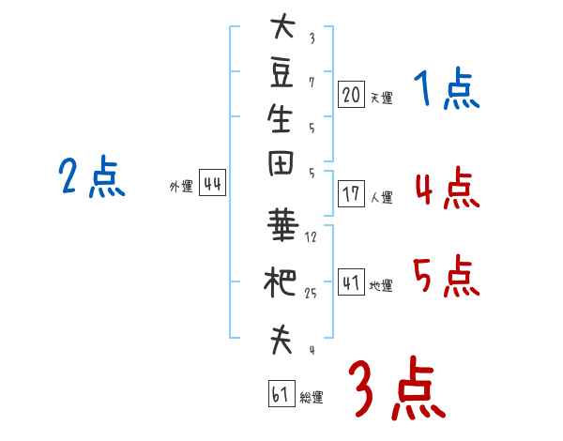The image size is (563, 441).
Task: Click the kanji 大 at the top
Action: point(282,26)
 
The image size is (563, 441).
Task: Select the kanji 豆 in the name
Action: point(281,74)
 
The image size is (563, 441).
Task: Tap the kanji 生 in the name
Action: point(281,118)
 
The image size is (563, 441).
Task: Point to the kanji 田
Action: point(281,163)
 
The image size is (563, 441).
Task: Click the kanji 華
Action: point(282,225)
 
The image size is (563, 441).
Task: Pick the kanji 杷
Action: point(280,281)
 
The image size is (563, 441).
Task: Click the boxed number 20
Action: point(351,94)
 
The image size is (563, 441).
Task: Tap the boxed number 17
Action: point(351,193)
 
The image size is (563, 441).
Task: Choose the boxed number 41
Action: point(351,281)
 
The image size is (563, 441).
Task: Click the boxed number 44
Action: point(212,183)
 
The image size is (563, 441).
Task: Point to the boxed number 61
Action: point(281,393)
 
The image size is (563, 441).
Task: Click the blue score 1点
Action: point(447,89)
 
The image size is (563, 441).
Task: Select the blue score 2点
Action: point(92,176)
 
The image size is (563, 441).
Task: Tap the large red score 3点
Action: point(397,388)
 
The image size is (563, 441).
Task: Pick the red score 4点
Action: point(448,189)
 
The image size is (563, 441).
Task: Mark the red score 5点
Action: point(447,276)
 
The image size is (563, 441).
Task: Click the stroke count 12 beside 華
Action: point(311,237)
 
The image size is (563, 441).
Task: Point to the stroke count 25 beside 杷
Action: point(311,294)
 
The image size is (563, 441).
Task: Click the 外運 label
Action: point(181,187)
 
